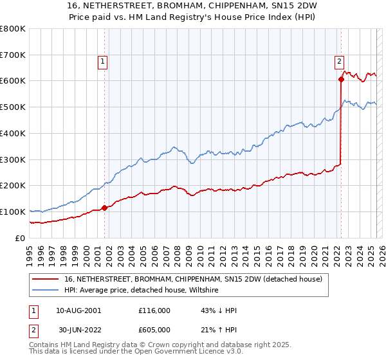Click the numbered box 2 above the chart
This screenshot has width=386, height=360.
339,62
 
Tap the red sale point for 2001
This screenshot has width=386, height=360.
104,208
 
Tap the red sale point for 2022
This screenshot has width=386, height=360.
341,80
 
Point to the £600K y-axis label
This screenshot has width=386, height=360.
13,81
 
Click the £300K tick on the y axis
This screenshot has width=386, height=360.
13,159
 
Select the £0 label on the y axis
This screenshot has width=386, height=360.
21,238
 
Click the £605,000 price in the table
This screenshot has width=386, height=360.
154,330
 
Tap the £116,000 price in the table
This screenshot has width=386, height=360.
154,310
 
